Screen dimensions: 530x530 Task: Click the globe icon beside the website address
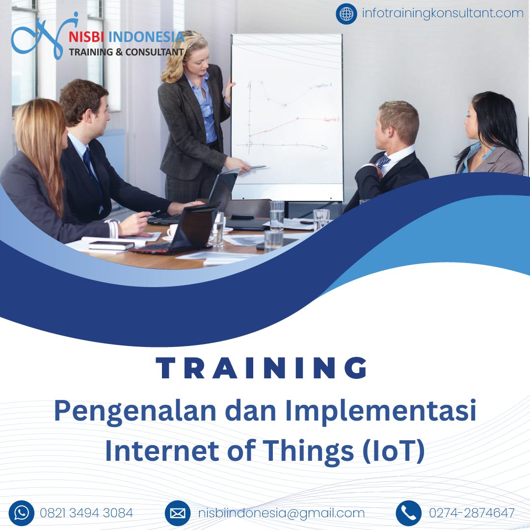click(346, 14)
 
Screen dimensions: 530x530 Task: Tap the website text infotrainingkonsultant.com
click(442, 13)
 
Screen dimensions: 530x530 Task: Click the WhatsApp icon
click(22, 513)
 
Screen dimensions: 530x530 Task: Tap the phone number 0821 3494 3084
click(86, 513)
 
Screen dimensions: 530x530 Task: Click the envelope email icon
click(178, 513)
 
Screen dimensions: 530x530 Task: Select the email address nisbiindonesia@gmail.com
click(282, 513)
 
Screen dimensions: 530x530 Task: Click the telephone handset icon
click(408, 513)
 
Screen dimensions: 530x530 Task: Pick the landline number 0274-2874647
click(472, 513)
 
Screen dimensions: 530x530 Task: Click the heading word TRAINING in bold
click(262, 368)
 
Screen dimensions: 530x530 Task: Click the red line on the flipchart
click(285, 126)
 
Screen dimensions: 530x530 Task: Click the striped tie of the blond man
click(383, 161)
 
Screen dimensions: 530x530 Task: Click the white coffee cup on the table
click(172, 230)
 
